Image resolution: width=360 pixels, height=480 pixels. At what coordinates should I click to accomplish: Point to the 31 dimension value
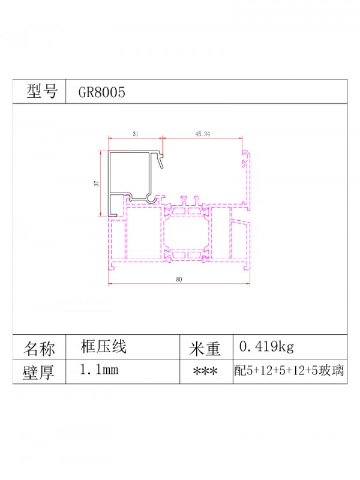click(x=136, y=135)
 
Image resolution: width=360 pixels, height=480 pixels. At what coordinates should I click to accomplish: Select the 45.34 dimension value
click(x=202, y=135)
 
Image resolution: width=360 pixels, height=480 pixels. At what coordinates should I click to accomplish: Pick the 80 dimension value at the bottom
click(x=179, y=280)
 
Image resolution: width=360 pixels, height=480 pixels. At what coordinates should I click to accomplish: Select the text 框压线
click(x=103, y=346)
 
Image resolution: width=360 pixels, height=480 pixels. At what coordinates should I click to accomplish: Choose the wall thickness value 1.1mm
click(x=98, y=370)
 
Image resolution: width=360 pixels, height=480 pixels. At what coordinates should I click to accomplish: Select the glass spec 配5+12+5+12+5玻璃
click(x=289, y=371)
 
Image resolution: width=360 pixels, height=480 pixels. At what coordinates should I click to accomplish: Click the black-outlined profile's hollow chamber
click(x=129, y=174)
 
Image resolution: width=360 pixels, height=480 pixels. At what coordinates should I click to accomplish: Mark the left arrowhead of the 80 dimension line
click(x=110, y=283)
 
